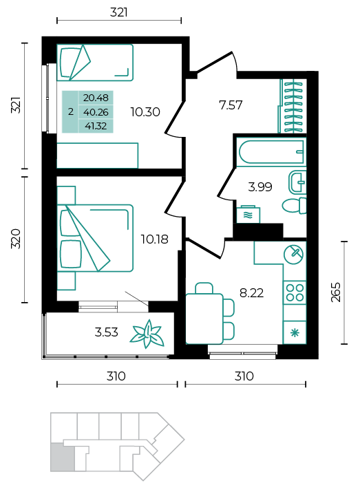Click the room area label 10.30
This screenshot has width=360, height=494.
(x=145, y=112)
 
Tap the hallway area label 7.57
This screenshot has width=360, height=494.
(x=231, y=105)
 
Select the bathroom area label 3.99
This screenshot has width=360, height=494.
(x=260, y=187)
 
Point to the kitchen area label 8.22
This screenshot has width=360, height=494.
(x=251, y=293)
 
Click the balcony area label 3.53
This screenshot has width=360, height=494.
(x=107, y=332)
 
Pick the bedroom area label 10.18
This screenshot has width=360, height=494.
(x=154, y=239)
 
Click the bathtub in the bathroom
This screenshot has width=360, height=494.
(x=271, y=152)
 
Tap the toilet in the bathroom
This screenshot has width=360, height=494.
(x=294, y=206)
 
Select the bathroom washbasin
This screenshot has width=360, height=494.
(x=297, y=182)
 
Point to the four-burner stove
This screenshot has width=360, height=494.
(x=295, y=292)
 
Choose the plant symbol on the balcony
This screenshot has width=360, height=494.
(x=147, y=334)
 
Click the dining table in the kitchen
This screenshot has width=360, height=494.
(x=204, y=318)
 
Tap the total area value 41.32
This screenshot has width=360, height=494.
(x=96, y=126)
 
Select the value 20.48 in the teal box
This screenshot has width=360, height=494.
(x=96, y=98)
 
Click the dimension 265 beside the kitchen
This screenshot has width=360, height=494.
(x=336, y=292)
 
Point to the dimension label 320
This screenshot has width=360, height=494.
(x=15, y=239)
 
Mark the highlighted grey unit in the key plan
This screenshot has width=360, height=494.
(x=63, y=457)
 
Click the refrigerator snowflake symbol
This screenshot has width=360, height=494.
(x=295, y=333)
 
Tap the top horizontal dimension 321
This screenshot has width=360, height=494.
(x=119, y=12)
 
